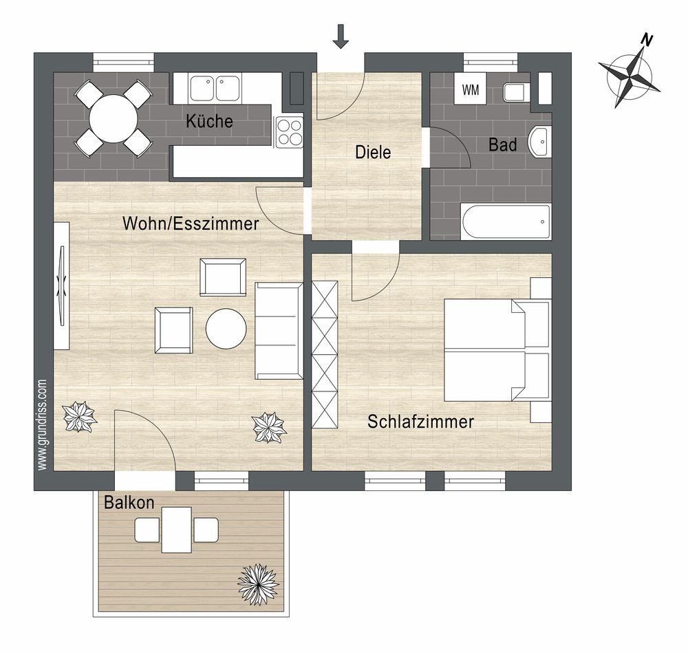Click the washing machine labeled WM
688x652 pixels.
click(x=470, y=89)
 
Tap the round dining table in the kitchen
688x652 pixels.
click(x=114, y=118)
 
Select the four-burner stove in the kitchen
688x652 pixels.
click(x=289, y=132)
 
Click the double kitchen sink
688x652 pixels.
click(x=215, y=88)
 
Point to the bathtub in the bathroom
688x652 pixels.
click(x=506, y=221)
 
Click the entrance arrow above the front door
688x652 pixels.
click(x=341, y=36)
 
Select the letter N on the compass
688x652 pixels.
click(x=647, y=41)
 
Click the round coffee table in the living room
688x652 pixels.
click(x=226, y=329)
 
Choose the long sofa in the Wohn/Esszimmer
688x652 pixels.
click(x=279, y=331)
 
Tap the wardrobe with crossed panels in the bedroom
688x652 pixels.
click(x=325, y=354)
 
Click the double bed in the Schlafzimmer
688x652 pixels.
click(x=497, y=350)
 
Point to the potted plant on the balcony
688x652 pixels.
click(x=259, y=585)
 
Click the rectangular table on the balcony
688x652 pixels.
click(x=177, y=530)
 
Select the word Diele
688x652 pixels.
click(x=373, y=152)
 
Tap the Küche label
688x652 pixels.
click(x=209, y=120)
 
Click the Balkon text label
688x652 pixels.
click(x=129, y=502)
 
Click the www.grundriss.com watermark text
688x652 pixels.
click(x=42, y=425)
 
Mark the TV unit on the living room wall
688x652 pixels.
click(x=62, y=286)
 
